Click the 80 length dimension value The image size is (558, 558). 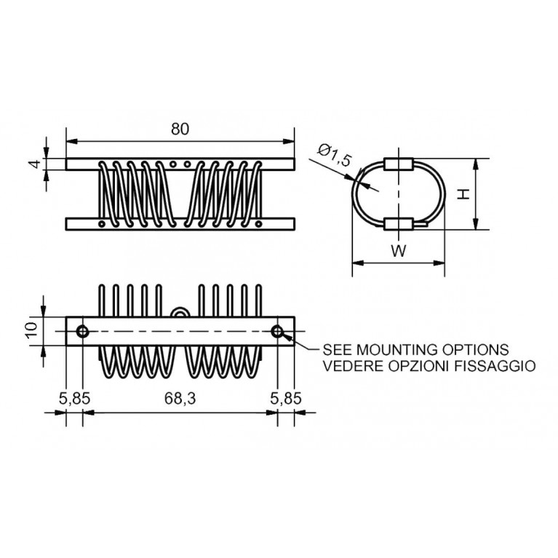point(180,129)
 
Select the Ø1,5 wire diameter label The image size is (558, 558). point(334,155)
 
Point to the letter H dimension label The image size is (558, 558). point(462,194)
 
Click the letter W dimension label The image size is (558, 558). point(397,252)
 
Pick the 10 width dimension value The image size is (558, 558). point(31,331)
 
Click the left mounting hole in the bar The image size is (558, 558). point(82,332)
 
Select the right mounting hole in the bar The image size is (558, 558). point(277,332)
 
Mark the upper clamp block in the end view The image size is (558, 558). point(398,164)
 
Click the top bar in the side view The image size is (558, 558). point(180,164)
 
